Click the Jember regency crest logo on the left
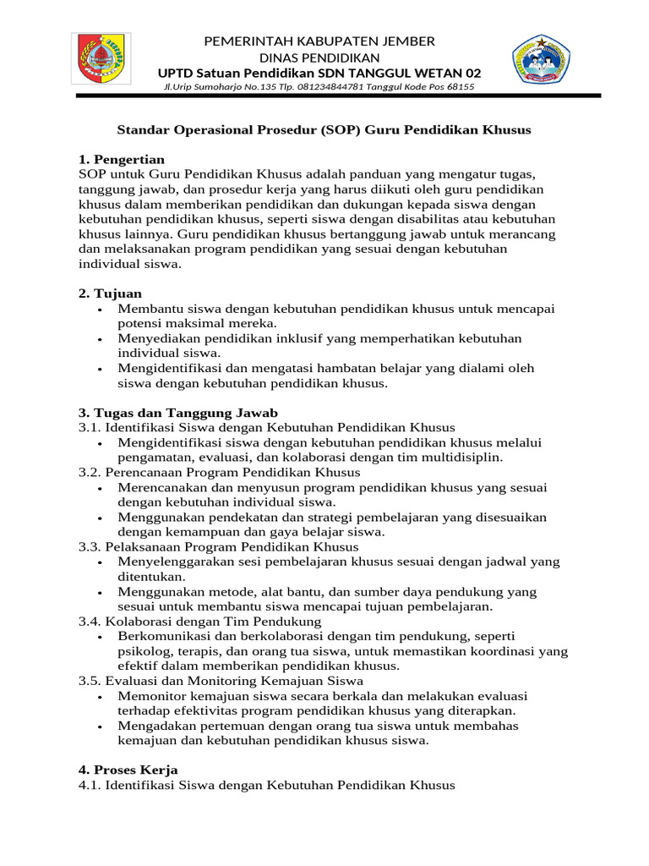102,59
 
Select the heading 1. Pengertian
122,159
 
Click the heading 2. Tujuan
111,293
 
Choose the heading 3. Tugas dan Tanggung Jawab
178,413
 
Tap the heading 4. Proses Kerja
128,770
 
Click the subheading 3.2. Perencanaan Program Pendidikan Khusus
220,472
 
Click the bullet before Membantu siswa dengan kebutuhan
101,310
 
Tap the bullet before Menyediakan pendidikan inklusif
101,339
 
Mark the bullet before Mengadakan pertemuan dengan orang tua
101,726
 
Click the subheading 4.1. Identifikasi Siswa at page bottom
266,786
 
